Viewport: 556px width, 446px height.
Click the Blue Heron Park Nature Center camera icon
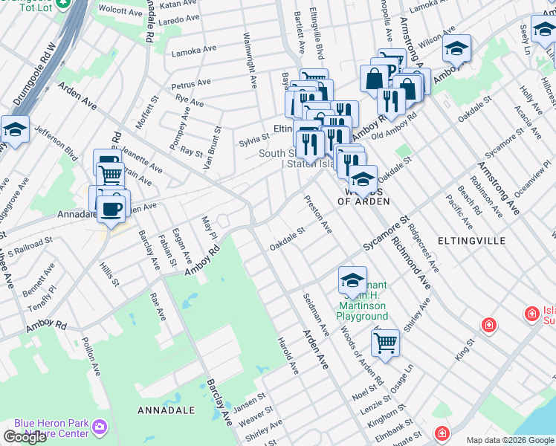[x=100, y=427]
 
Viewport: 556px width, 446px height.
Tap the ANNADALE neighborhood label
[x=167, y=410]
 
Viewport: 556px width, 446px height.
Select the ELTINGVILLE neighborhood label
[x=471, y=241]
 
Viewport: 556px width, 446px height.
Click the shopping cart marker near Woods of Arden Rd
[x=385, y=343]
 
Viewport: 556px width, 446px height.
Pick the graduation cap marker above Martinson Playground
[x=352, y=279]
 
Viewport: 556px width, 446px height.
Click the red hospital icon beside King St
[x=488, y=324]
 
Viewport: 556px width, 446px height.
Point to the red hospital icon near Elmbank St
[x=442, y=433]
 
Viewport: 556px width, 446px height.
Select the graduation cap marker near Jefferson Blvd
[x=15, y=129]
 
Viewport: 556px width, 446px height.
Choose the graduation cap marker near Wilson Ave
[x=456, y=49]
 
